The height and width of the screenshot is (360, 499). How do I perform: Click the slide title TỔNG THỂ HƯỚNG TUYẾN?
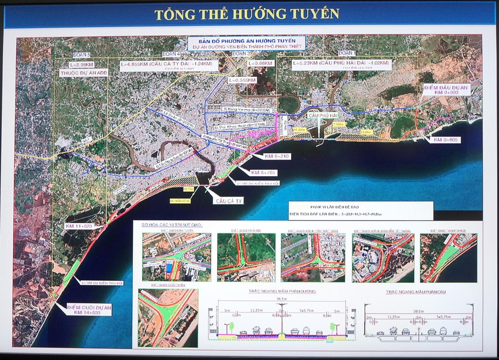[250, 13]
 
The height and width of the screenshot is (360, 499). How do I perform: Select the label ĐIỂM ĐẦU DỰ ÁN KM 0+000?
[446, 90]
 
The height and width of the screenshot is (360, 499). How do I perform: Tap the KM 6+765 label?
[263, 173]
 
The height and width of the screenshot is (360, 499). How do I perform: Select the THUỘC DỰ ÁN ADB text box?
[83, 73]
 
